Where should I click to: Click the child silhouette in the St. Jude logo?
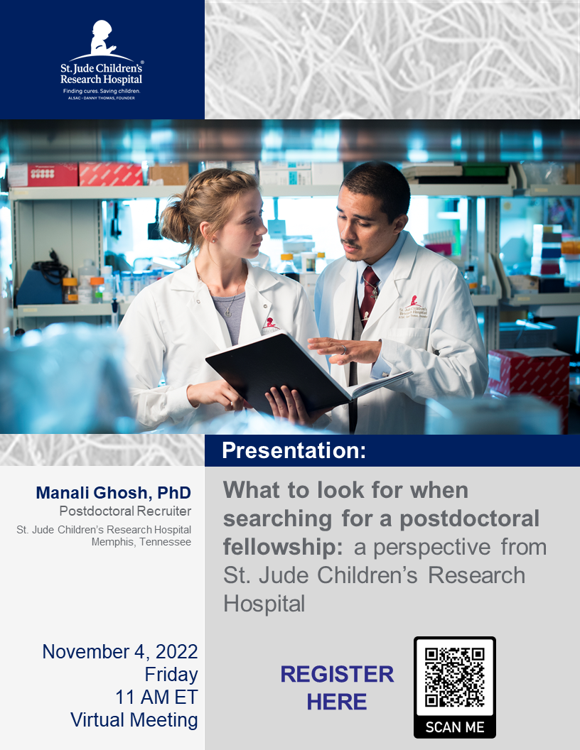coord(102,38)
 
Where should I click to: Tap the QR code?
coord(455,676)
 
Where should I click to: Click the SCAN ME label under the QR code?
coord(455,727)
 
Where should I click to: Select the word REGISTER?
coord(337,675)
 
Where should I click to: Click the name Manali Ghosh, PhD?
coord(114,493)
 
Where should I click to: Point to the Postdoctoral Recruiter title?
coord(125,511)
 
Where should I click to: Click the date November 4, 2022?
coord(120,652)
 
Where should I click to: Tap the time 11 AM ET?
coord(156,697)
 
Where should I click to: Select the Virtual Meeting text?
coord(134,720)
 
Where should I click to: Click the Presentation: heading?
coord(294,450)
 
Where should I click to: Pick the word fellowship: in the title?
coord(283,547)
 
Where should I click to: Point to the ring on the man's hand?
coord(343,349)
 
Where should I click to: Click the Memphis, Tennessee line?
coord(141,542)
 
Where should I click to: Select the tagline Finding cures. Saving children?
coord(102,91)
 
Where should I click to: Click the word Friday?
coord(171,675)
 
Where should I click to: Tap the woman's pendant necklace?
coord(228,313)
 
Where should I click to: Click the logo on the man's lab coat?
coord(413,307)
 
